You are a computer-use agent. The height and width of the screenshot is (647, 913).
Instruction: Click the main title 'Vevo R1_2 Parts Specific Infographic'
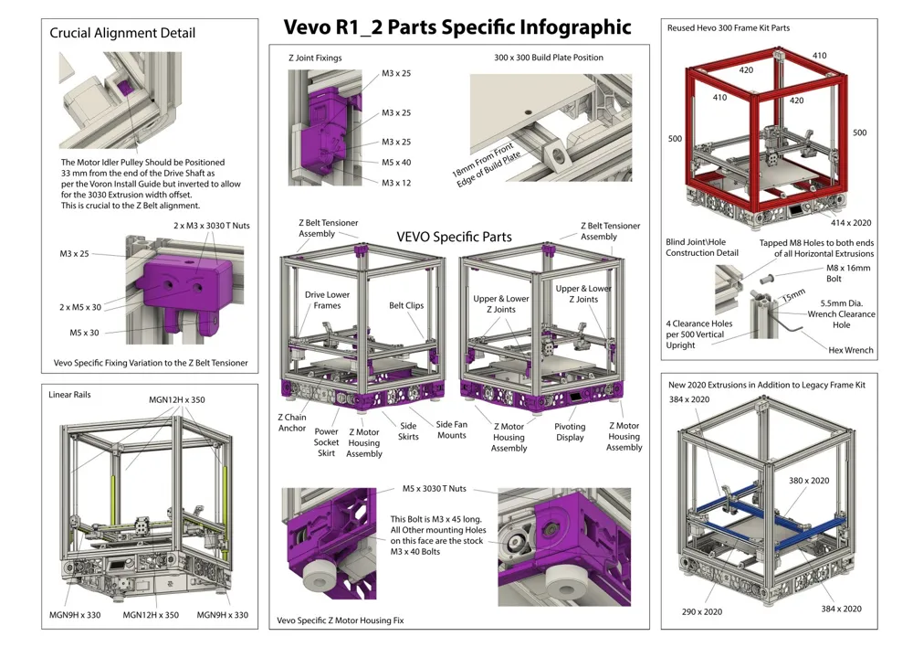tap(457, 27)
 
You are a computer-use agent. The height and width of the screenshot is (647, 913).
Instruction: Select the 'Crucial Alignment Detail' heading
tap(122, 33)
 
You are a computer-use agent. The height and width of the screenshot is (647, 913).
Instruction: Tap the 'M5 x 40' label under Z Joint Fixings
tap(396, 163)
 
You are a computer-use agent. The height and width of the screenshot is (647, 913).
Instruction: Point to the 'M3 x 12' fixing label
tap(396, 183)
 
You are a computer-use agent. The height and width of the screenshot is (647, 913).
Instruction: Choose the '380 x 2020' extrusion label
tap(808, 481)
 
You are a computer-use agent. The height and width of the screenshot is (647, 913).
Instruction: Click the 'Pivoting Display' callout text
tap(570, 431)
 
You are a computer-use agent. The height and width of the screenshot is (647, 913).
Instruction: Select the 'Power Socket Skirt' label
tap(326, 442)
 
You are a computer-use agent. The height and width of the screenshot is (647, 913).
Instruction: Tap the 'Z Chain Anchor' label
tap(292, 422)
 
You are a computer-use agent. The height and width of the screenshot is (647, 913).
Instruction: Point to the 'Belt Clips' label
tap(406, 306)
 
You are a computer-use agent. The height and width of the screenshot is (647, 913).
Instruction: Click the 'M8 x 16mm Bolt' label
tap(848, 273)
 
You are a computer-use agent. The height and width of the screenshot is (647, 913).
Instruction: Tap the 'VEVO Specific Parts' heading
tap(454, 237)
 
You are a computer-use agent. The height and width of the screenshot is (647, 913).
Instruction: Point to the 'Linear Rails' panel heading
tap(70, 395)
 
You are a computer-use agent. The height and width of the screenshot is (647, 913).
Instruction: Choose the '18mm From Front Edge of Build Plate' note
tap(487, 165)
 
